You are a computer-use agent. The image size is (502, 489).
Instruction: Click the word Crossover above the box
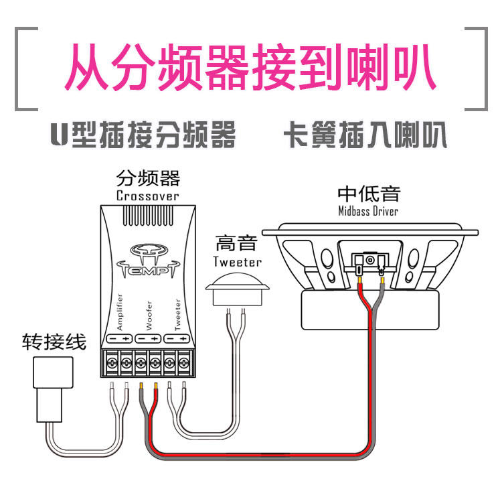(147, 196)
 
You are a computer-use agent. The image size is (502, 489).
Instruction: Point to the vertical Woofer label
(149, 314)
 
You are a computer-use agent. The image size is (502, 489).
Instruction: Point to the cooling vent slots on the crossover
(148, 216)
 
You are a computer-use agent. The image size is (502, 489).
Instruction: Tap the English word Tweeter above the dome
(237, 261)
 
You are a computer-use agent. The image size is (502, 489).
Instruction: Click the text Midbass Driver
(368, 211)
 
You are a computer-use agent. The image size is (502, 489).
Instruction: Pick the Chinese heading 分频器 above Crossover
(148, 179)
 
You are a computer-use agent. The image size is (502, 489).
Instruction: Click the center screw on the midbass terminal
(369, 260)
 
